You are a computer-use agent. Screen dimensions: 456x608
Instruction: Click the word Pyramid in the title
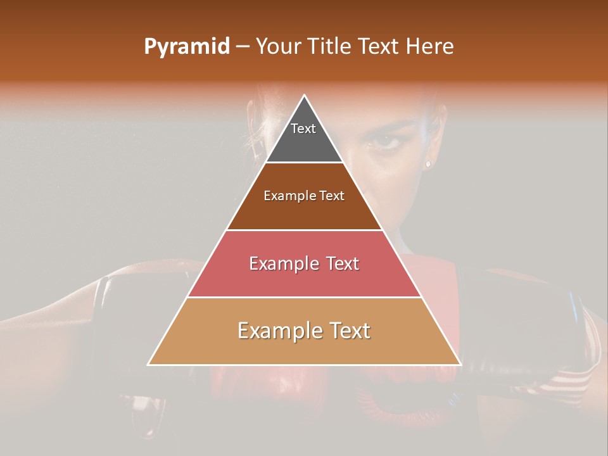pos(186,47)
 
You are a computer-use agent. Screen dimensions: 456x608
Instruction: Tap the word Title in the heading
pos(331,47)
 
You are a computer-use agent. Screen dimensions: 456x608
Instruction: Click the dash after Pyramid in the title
pos(243,47)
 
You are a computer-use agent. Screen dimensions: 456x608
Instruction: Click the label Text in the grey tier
pos(303,129)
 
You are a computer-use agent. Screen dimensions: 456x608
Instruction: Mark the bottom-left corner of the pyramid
pos(148,365)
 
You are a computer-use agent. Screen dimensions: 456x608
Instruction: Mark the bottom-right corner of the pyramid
pos(460,365)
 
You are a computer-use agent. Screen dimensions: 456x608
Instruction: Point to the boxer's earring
pos(428,163)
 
